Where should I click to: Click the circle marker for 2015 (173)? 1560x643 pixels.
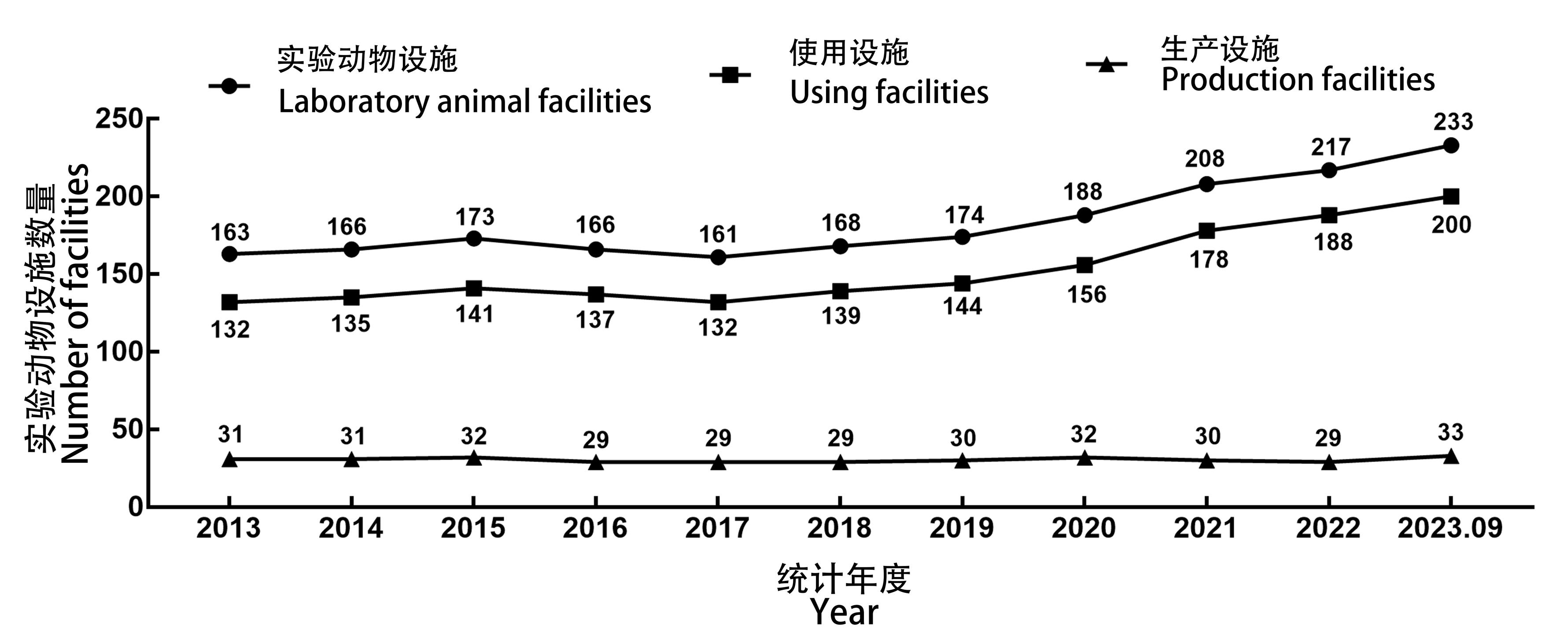coord(474,239)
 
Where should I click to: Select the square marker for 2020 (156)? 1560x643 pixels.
coord(1084,265)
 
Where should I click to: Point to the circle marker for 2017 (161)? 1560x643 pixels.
coord(718,257)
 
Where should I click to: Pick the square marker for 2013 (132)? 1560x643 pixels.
coord(229,302)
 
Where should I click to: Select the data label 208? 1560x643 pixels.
coord(1205,159)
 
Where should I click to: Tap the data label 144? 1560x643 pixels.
coord(962,307)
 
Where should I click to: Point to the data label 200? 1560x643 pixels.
coord(1452,225)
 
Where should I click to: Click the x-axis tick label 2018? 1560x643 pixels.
coord(839,528)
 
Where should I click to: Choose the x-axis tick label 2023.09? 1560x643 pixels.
coord(1450,528)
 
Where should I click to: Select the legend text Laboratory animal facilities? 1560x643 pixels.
coord(465,101)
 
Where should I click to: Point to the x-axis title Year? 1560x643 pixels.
coord(844,612)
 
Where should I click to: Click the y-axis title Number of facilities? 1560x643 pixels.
coord(75,314)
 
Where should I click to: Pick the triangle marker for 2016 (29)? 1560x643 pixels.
coord(596,462)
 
